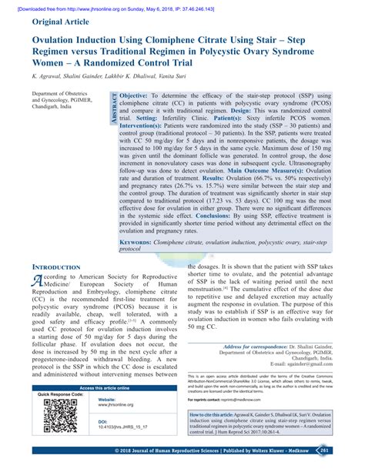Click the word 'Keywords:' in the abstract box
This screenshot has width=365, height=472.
[136, 242]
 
